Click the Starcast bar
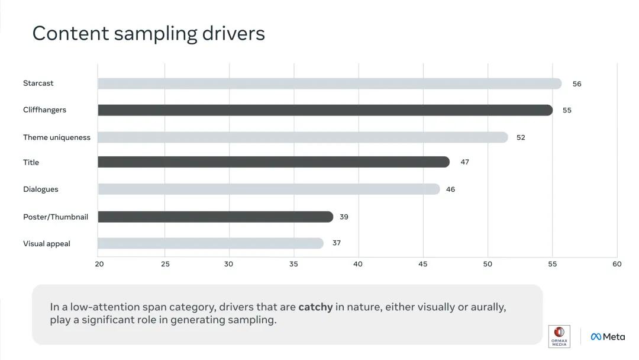click(329, 83)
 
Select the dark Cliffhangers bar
click(325, 110)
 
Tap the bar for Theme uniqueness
click(302, 137)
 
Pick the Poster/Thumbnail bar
click(215, 217)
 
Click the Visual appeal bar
click(210, 243)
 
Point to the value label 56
click(577, 84)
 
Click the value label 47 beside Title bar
click(464, 162)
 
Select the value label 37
click(336, 243)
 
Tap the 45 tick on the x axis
click(422, 264)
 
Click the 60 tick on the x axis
click(617, 264)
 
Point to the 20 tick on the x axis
click(99, 264)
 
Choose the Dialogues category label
click(40, 189)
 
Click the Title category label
click(31, 162)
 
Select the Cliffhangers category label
click(44, 110)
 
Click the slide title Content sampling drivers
click(149, 33)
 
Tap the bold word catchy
click(315, 307)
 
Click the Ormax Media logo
click(559, 336)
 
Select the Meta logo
click(607, 336)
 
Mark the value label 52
click(521, 137)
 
